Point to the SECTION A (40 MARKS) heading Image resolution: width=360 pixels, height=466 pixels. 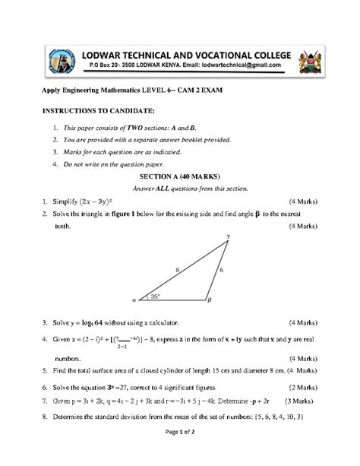click(x=180, y=176)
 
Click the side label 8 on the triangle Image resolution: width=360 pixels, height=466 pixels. click(x=177, y=269)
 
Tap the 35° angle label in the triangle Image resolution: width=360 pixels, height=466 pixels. click(x=156, y=296)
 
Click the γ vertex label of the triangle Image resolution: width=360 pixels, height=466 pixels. click(x=227, y=237)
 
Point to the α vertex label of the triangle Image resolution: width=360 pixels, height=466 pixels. click(x=134, y=301)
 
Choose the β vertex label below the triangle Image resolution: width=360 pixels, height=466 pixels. click(x=209, y=301)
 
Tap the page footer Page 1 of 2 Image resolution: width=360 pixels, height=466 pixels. click(x=179, y=453)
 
